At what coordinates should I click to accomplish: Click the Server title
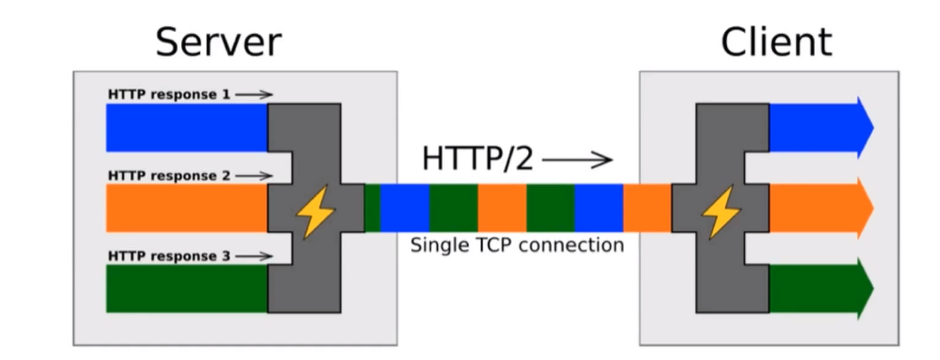218,42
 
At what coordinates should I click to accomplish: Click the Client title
776,42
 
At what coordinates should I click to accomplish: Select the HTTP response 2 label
169,176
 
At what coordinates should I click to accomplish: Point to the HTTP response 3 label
169,256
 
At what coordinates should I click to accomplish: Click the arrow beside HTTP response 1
254,95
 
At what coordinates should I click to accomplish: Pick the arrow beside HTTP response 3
254,256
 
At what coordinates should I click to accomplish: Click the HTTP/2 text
478,159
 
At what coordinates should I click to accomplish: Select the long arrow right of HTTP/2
577,160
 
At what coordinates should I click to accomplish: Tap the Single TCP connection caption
517,245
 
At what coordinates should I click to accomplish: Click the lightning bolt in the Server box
315,211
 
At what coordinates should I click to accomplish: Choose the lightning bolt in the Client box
721,211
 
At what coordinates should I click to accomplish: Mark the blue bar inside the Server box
187,127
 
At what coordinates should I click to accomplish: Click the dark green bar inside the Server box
187,288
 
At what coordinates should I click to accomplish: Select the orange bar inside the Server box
187,208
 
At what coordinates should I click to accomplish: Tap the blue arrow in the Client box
818,127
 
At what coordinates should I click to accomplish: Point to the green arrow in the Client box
818,288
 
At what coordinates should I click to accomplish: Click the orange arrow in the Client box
818,208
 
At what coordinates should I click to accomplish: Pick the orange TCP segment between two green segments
502,208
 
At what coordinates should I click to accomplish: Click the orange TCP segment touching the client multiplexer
647,208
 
